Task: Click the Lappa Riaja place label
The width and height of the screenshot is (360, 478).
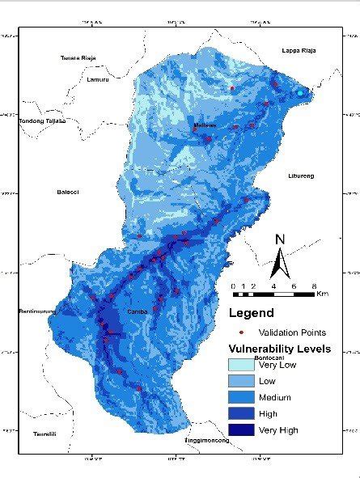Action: pos(299,50)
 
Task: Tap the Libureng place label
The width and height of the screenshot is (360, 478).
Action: pos(300,176)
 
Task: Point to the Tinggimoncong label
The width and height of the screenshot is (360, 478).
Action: pos(206,440)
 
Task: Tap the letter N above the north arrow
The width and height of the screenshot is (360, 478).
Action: pos(280,239)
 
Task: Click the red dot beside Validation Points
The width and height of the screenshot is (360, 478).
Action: pos(241,332)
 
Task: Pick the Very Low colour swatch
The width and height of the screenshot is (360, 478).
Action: pos(241,365)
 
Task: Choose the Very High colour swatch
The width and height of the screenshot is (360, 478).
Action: pos(241,430)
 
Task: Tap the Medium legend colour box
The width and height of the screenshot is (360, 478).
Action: pos(241,397)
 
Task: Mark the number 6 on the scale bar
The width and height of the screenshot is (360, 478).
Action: pos(293,286)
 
